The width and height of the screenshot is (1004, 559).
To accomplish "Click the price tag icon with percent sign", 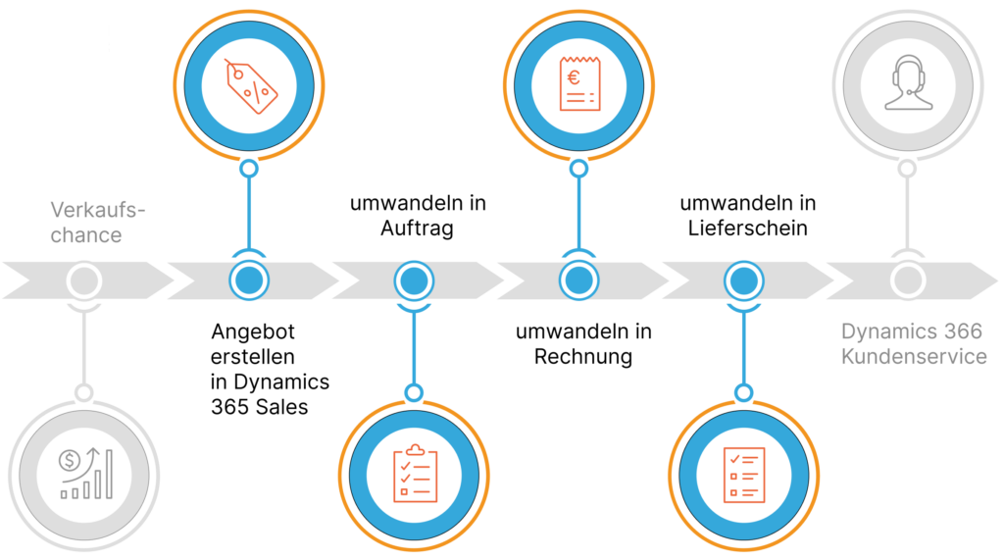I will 250,84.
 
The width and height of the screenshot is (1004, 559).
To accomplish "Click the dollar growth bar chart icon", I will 85,475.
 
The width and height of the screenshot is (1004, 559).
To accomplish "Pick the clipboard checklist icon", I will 415,475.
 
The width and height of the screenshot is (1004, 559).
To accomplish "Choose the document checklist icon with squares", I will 743,475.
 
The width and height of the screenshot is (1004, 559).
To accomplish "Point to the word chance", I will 88,235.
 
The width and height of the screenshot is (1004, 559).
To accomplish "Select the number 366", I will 965,331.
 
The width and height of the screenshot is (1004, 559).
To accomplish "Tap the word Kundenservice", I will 914,356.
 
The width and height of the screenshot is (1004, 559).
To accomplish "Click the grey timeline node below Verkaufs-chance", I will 84,280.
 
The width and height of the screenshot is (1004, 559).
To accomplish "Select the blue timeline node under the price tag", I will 249,280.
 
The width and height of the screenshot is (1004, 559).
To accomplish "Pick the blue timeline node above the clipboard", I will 414,280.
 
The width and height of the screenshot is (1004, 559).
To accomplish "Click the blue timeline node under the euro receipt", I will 578,280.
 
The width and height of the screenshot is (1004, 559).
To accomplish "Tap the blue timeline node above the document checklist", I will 743,280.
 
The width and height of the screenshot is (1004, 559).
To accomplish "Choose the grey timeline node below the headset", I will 908,280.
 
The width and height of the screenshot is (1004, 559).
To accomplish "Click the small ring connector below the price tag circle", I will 249,169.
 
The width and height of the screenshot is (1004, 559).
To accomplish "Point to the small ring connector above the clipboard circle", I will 415,392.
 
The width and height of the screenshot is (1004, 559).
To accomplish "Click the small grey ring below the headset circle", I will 908,169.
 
